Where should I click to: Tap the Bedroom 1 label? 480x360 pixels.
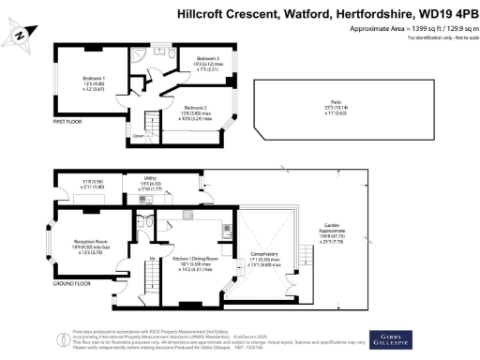(95, 78)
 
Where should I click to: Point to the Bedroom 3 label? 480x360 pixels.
(208, 58)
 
